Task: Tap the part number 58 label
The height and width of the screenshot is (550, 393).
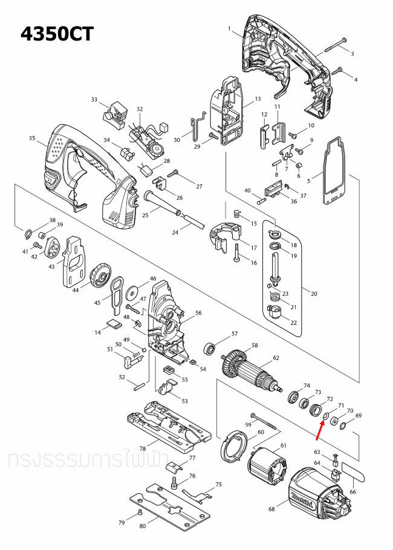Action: coord(255,345)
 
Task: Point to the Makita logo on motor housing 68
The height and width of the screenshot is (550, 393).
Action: coord(300,498)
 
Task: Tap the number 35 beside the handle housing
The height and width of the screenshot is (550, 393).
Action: coord(33,139)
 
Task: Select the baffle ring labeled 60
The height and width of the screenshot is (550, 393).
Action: coord(233,447)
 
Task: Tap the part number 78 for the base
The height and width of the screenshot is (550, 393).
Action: coord(143,448)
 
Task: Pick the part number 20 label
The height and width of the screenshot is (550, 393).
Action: coord(313,293)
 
